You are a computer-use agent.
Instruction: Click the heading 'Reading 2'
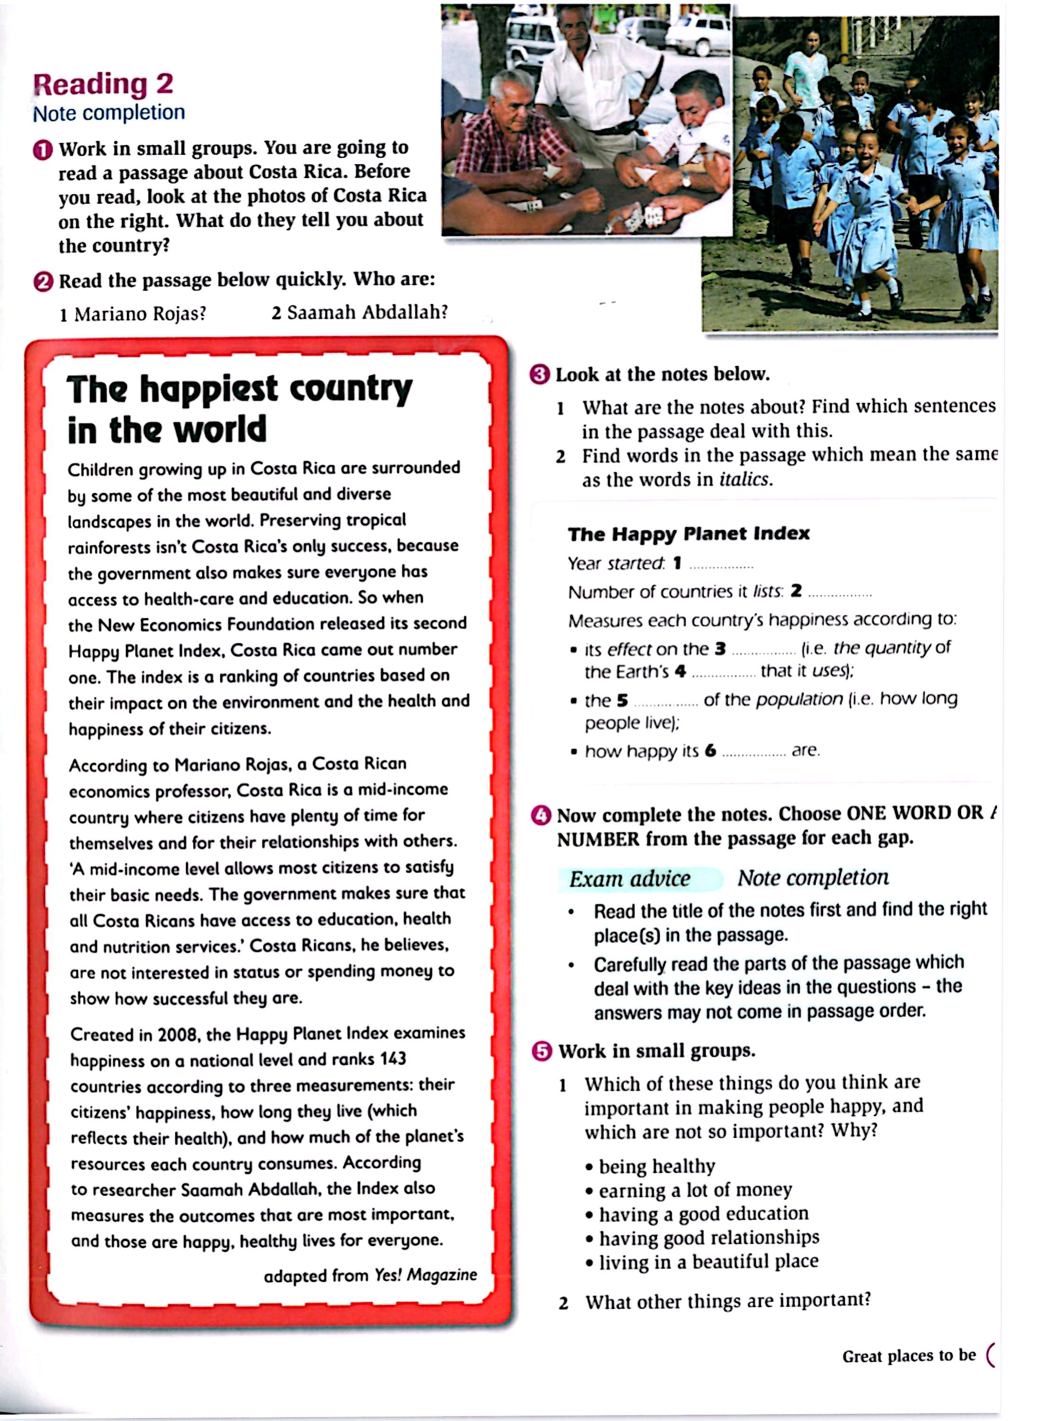(x=103, y=84)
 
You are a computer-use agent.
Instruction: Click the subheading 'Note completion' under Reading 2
(x=109, y=113)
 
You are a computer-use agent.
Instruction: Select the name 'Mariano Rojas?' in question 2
(x=140, y=314)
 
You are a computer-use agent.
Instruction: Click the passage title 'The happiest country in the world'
(x=239, y=408)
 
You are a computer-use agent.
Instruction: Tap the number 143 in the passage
(x=392, y=1059)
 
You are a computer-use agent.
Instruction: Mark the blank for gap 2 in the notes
(x=840, y=594)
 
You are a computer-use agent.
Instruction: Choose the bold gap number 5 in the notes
(x=622, y=701)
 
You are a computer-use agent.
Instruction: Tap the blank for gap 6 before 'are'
(x=754, y=753)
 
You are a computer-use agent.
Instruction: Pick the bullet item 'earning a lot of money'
(x=695, y=1190)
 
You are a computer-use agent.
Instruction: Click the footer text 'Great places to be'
(x=908, y=1356)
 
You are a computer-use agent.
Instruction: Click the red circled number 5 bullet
(x=542, y=1052)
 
